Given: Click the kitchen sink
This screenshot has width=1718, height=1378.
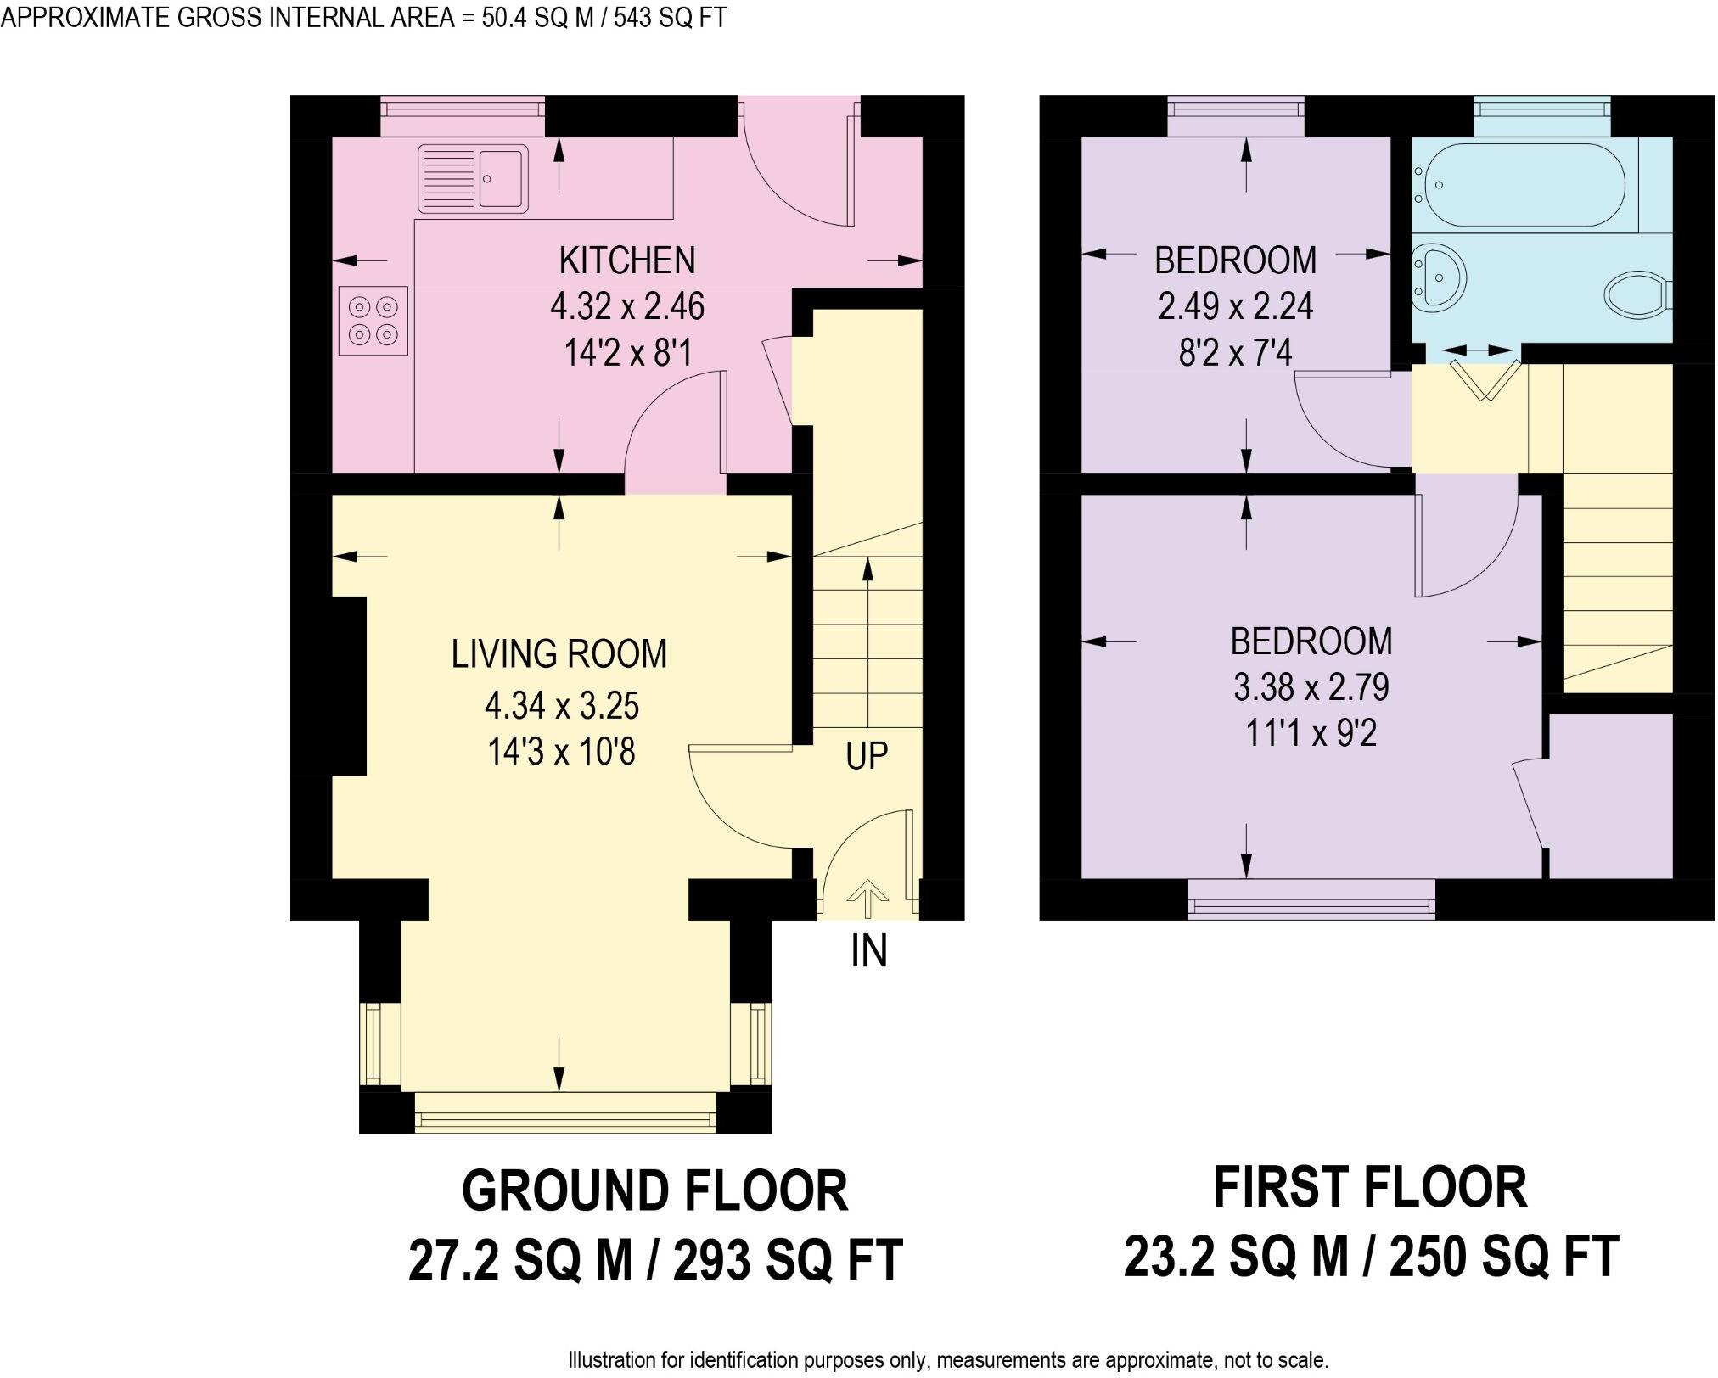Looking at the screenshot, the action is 473,178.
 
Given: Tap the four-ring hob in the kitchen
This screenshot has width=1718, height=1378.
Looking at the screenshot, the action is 373,321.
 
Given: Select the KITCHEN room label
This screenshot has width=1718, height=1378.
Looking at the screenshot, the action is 627,260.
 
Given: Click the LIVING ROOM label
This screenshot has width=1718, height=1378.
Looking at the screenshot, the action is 559,653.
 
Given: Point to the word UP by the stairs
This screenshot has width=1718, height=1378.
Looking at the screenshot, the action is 867,755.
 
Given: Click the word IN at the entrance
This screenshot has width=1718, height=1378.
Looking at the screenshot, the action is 868,950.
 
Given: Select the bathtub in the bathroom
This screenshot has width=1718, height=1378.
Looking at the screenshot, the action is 1524,184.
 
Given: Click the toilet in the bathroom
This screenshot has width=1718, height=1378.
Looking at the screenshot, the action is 1637,294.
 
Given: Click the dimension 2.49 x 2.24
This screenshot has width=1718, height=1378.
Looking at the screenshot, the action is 1235,305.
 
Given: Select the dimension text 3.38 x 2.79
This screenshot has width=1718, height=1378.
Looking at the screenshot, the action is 1311,687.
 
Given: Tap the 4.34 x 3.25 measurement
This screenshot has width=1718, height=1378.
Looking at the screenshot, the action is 561,705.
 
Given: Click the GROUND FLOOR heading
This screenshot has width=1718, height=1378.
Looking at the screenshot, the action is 654,1190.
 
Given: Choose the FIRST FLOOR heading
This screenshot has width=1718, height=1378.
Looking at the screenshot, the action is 1370,1187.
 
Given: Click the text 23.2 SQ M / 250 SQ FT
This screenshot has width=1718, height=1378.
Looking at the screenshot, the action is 1372,1257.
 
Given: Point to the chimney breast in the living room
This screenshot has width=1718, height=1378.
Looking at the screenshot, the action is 348,686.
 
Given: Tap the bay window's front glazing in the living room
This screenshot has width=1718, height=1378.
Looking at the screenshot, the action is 566,1112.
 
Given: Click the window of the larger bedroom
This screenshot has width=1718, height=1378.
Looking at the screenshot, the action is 1312,899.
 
